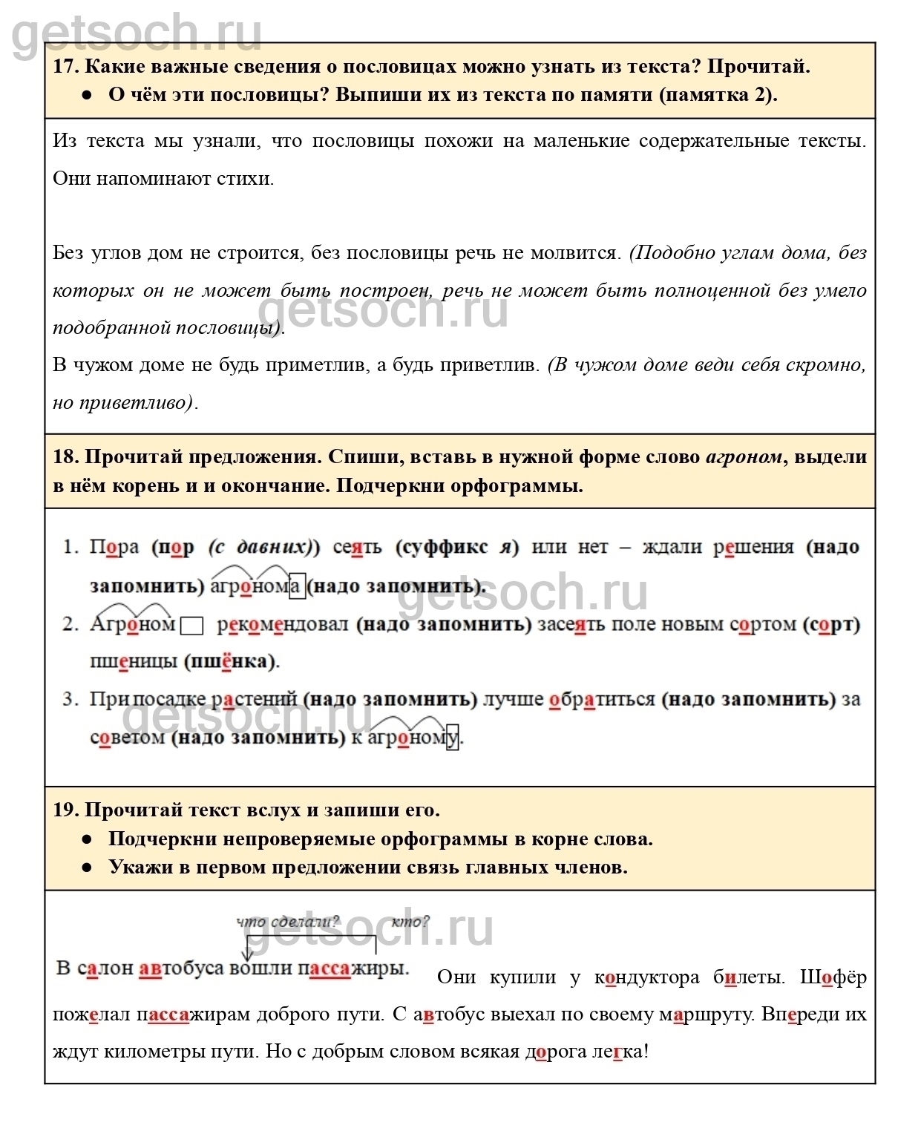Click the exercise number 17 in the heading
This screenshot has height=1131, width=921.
coord(65,67)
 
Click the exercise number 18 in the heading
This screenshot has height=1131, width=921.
coord(65,456)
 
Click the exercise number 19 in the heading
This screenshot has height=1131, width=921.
coord(65,810)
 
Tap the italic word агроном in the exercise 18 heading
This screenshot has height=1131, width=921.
coord(744,457)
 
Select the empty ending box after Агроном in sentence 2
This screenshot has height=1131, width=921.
coord(192,626)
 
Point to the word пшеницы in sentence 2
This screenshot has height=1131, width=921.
coord(134,661)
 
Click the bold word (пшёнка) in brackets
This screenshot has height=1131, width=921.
coord(231,661)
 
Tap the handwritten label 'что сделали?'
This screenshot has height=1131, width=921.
coord(288,922)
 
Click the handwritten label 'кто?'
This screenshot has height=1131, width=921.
coord(410,922)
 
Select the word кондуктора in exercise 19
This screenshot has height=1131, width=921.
coord(646,977)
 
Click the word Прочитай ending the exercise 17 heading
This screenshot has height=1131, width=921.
coord(758,67)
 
